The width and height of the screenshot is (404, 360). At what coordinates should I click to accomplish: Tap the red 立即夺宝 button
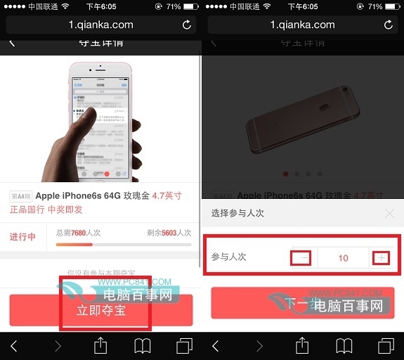pyautogui.click(x=100, y=309)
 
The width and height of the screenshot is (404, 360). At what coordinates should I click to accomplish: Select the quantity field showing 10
pyautogui.click(x=343, y=258)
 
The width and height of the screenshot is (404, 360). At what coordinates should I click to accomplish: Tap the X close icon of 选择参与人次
pyautogui.click(x=390, y=213)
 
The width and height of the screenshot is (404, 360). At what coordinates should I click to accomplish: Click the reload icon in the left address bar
pyautogui.click(x=186, y=25)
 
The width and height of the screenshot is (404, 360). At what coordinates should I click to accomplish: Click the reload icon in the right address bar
pyautogui.click(x=388, y=25)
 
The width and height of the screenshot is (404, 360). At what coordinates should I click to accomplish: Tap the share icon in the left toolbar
pyautogui.click(x=100, y=345)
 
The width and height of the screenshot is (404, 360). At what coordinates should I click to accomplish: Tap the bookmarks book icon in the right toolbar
pyautogui.click(x=344, y=345)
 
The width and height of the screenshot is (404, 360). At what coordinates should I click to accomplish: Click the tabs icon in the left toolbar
pyautogui.click(x=185, y=345)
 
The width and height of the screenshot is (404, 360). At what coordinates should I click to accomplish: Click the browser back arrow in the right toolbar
pyautogui.click(x=216, y=345)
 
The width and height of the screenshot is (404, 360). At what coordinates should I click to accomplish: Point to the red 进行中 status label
pyautogui.click(x=23, y=237)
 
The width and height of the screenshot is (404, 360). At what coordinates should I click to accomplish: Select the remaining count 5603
pyautogui.click(x=169, y=231)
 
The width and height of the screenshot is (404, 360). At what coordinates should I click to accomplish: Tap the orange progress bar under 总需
pyautogui.click(x=74, y=244)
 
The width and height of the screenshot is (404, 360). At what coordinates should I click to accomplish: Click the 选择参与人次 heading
pyautogui.click(x=238, y=212)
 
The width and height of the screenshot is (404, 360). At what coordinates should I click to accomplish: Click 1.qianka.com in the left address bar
pyautogui.click(x=100, y=25)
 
